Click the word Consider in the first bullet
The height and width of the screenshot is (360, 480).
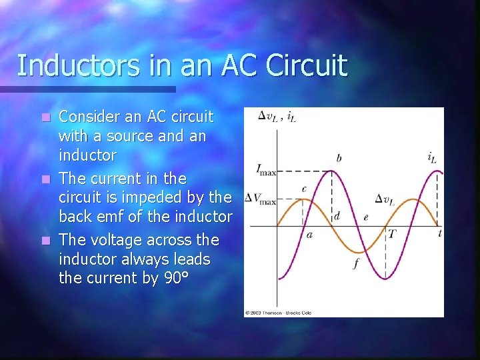click(90, 117)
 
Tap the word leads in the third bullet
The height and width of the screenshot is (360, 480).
click(191, 259)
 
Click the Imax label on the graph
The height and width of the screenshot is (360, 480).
click(266, 171)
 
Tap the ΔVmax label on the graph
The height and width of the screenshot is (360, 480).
click(260, 199)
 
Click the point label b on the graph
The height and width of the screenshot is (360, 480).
click(339, 159)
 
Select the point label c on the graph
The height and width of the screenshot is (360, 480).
click(304, 189)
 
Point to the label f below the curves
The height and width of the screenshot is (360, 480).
click(355, 263)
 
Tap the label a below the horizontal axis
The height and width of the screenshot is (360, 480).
click(309, 234)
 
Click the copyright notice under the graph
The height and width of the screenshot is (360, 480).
click(278, 312)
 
